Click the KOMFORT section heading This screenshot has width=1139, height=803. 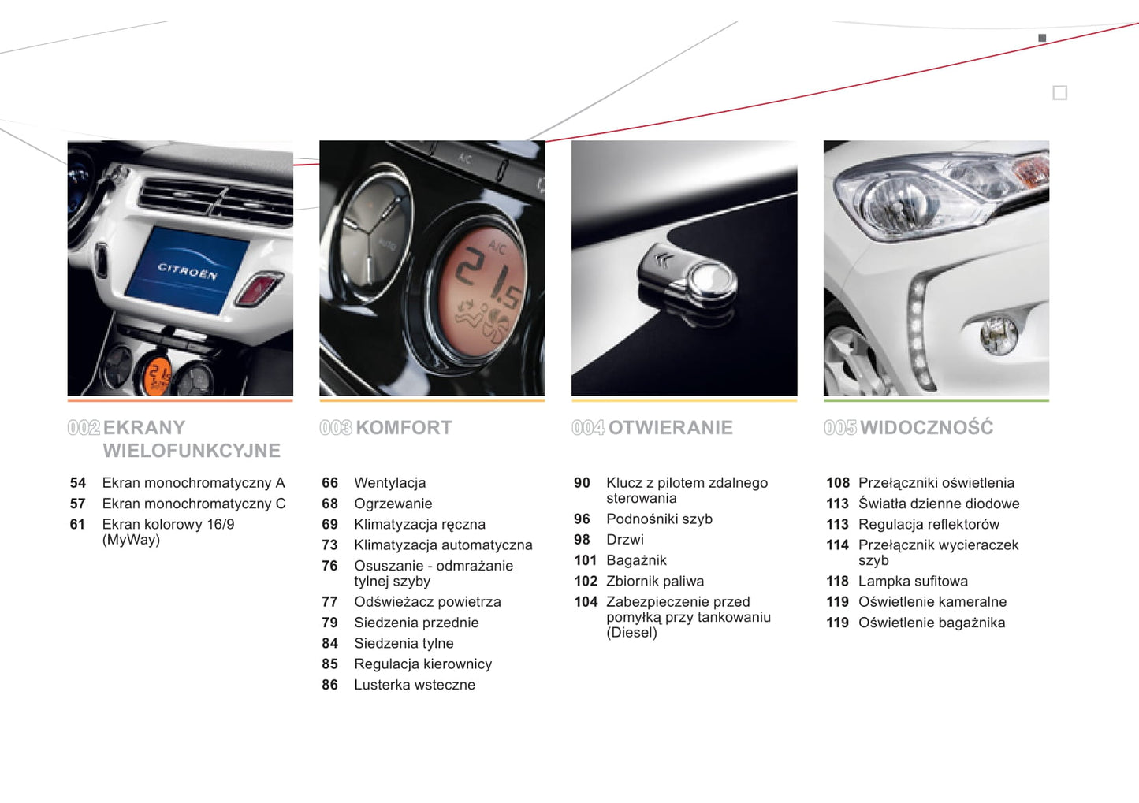tap(404, 427)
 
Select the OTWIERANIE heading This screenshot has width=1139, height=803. tap(670, 427)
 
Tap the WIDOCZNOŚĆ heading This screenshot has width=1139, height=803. tap(926, 426)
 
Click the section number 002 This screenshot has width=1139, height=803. tap(84, 427)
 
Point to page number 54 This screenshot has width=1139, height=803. tap(78, 482)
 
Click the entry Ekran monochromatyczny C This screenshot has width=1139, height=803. tap(194, 503)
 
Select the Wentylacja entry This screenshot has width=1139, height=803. tap(390, 483)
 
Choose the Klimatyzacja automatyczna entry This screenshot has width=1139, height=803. tap(444, 545)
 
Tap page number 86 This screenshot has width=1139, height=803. tap(329, 685)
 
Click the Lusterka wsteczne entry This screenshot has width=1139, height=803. tap(415, 685)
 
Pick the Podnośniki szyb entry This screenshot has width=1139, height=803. tap(659, 519)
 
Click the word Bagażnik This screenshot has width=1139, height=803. tap(636, 560)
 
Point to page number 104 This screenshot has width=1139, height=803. tap(586, 602)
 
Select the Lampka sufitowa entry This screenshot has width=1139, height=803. tap(913, 581)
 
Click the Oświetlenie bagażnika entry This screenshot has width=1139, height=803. tap(932, 623)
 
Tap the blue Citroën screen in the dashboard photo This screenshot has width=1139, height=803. tap(187, 270)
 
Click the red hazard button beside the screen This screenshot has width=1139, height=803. tap(259, 289)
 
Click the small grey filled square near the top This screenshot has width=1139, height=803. tap(1042, 38)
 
